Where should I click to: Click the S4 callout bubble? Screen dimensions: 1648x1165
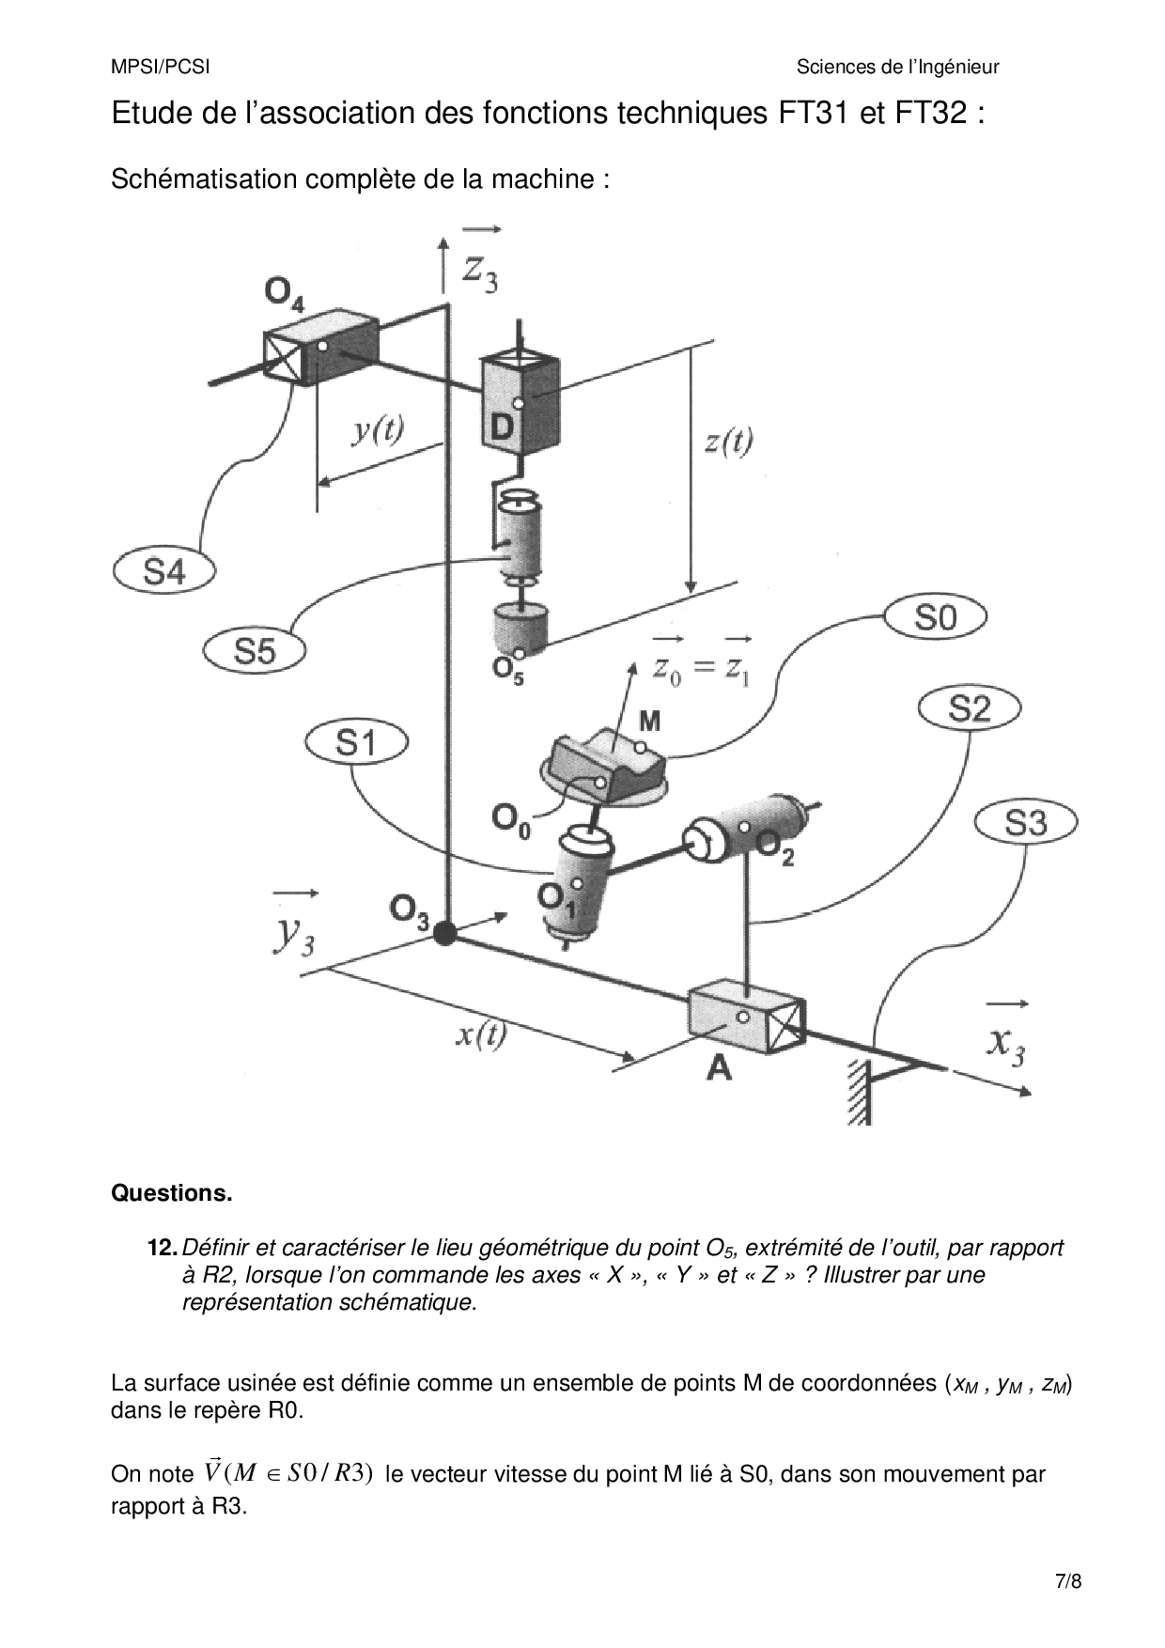coord(164,570)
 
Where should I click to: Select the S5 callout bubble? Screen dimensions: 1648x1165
coord(254,650)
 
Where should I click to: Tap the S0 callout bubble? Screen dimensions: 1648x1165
coord(935,617)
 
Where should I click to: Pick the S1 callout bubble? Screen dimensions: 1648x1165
coord(355,743)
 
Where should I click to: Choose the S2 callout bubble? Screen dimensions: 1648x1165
coord(969,707)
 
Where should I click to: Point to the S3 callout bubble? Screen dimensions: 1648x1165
coord(1026,823)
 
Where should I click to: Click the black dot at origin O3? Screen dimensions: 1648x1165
coord(443,933)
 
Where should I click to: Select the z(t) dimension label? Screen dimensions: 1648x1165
coord(728,441)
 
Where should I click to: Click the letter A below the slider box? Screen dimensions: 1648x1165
coord(719,1067)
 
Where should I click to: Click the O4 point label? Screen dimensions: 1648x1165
coord(284,295)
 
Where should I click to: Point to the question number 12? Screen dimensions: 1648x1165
coord(163,1248)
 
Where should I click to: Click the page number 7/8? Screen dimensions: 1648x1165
coord(1068,1581)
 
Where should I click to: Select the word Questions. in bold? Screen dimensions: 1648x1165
coord(171,1193)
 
